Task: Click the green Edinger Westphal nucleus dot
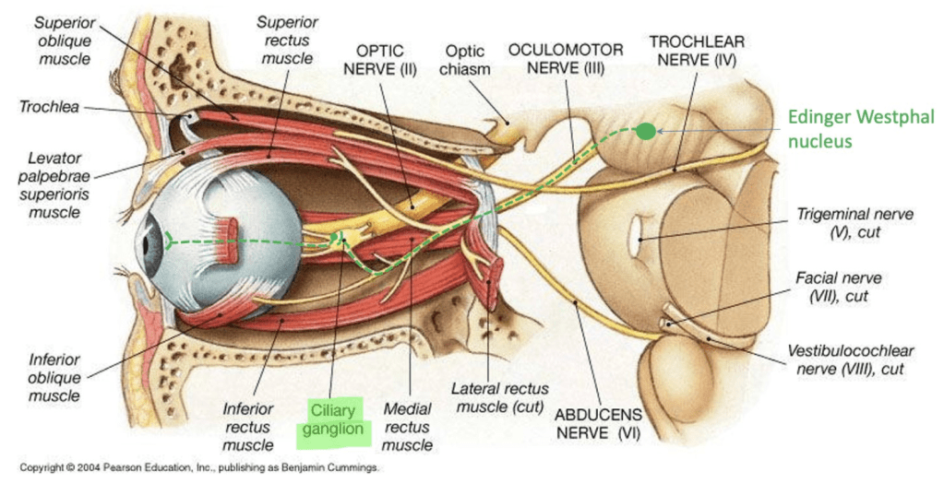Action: (x=646, y=131)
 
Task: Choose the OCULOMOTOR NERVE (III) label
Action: (x=568, y=58)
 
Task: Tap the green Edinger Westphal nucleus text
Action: (x=860, y=128)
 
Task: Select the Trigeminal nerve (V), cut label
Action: (x=855, y=223)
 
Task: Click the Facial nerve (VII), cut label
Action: (x=851, y=287)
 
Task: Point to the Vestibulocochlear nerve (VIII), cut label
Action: (x=850, y=360)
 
